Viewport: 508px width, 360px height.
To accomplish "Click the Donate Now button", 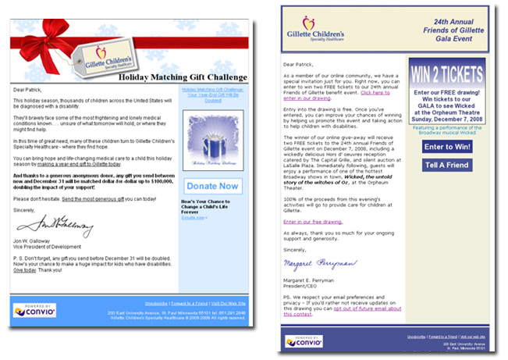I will [213, 186].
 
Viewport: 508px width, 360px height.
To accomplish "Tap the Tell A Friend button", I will [446, 166].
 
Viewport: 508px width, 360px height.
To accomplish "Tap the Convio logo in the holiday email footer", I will [35, 310].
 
